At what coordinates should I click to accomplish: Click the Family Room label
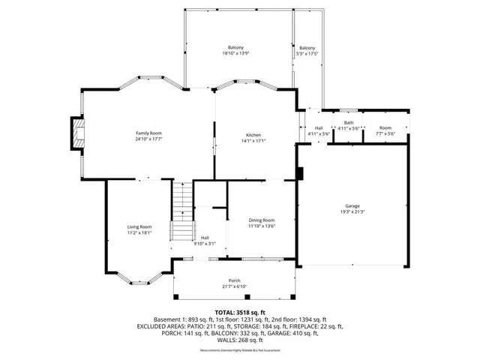148,133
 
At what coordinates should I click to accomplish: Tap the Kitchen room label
253,135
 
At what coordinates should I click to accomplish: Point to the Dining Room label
261,220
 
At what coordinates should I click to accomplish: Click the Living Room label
139,227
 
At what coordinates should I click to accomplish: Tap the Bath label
348,123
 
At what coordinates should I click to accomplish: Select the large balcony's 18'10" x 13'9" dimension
235,54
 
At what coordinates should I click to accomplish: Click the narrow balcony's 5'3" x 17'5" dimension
307,54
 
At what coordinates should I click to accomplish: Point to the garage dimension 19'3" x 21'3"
352,211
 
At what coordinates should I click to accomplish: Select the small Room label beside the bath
385,128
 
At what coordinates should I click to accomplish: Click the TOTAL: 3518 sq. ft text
240,312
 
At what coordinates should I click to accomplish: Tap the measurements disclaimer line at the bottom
240,351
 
